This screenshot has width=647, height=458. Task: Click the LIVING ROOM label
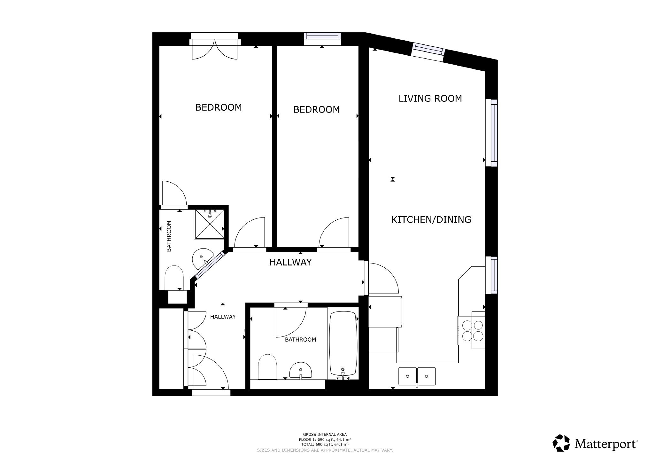click(430, 98)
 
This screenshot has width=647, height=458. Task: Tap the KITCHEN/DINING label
click(431, 219)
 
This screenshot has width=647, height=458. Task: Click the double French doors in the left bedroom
click(214, 49)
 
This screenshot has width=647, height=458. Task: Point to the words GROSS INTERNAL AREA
click(325, 434)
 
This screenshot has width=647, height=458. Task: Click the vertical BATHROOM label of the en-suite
click(169, 236)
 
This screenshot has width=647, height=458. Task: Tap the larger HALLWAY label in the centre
click(290, 262)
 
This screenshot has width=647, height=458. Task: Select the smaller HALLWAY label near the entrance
click(223, 317)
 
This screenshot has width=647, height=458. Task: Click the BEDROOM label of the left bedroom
click(219, 107)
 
